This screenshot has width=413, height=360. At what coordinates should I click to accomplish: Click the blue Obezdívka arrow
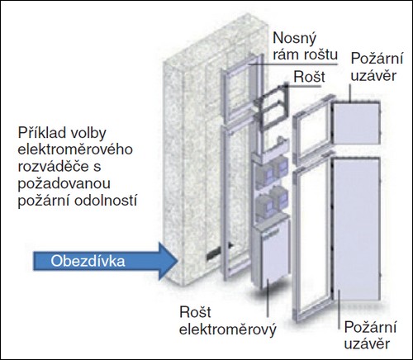(106, 261)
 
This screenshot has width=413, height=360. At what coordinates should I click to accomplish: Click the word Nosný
(294, 39)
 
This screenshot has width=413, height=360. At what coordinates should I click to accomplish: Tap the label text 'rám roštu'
(305, 54)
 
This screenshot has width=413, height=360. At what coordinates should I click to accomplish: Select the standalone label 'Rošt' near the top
(309, 77)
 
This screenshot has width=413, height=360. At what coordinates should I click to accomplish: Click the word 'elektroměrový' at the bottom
(228, 329)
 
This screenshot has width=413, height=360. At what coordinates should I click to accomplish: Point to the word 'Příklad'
(41, 133)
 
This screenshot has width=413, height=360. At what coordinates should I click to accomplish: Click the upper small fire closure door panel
(356, 122)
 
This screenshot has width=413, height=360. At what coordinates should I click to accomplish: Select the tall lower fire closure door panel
(357, 229)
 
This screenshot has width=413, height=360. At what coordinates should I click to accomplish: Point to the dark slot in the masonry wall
(219, 252)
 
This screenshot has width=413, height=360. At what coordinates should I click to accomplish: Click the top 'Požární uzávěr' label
(377, 68)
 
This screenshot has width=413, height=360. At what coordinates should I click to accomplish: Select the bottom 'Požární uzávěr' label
(370, 336)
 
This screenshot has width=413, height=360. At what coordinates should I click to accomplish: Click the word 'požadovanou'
(64, 184)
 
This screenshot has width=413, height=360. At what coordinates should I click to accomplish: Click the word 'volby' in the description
(88, 133)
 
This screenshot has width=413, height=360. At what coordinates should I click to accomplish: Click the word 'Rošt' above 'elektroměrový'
(195, 312)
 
